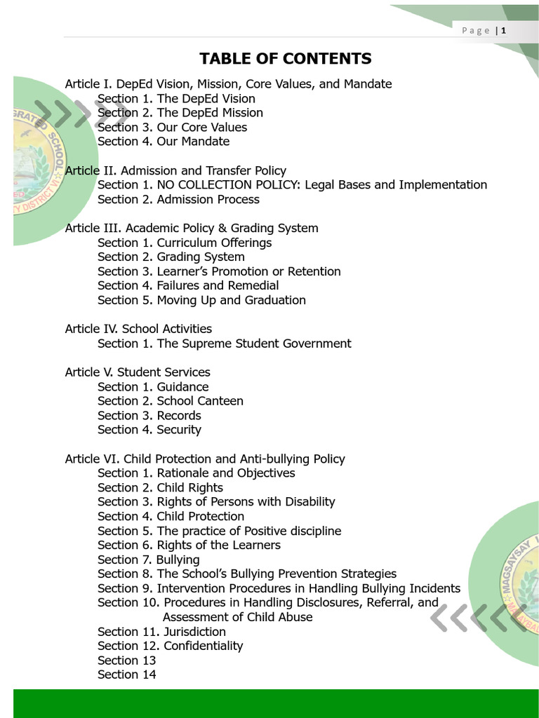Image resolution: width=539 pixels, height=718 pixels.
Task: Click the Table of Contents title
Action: [285, 58]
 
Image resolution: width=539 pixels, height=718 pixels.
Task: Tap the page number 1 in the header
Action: [503, 30]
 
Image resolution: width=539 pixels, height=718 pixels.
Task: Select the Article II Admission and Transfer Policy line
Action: [175, 170]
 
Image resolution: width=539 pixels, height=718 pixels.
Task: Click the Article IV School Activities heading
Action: [138, 329]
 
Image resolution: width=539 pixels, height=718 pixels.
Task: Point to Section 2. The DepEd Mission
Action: [180, 113]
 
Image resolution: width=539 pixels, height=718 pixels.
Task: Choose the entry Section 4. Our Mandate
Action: [164, 142]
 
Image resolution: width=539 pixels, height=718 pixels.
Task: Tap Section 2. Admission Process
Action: [178, 200]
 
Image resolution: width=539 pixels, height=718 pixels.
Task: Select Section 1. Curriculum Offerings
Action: [185, 243]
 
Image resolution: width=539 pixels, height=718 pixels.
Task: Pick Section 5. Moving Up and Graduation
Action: [201, 300]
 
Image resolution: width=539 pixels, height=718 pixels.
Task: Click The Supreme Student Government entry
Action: [254, 344]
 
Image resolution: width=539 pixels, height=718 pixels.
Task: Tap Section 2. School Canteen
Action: [171, 401]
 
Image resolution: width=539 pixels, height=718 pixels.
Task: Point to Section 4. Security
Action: [149, 430]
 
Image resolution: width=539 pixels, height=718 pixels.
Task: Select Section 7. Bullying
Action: [149, 560]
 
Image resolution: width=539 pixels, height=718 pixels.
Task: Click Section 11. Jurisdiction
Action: [161, 632]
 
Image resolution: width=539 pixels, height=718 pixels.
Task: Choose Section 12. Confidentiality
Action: [170, 646]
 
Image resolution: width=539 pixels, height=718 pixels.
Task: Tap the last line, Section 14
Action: [127, 675]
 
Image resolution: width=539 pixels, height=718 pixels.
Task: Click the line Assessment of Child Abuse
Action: [237, 617]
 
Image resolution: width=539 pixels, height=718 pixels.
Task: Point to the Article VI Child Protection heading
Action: [205, 459]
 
